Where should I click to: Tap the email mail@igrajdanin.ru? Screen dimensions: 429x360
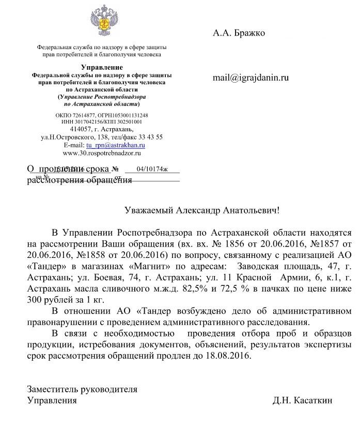coord(251,78)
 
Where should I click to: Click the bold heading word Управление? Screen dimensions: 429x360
coord(102,68)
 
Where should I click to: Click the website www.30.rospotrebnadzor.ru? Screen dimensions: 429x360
coord(101,153)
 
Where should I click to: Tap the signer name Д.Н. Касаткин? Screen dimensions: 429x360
coord(303,401)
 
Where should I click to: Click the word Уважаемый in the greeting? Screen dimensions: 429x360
coord(149,210)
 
